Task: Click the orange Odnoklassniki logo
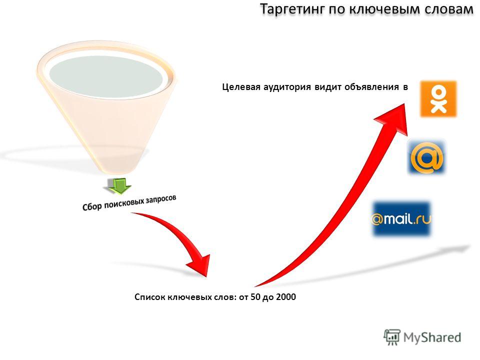click(438, 99)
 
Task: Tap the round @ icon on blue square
click(426, 157)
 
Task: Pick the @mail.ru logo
click(401, 219)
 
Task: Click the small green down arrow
click(119, 185)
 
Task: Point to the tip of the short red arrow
click(207, 276)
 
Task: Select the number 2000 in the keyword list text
click(286, 297)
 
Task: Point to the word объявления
click(371, 87)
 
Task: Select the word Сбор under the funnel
click(92, 206)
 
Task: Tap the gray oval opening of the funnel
click(106, 77)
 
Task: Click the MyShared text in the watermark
click(432, 337)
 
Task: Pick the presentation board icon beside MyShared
click(392, 337)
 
